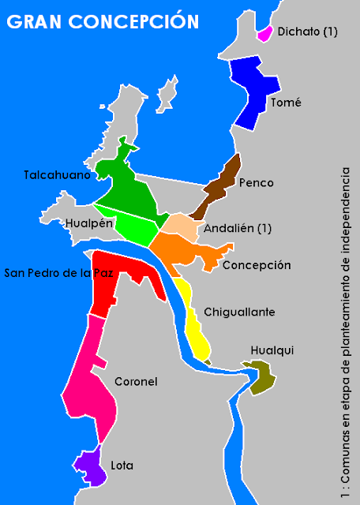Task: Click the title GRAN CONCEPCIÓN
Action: click(x=103, y=21)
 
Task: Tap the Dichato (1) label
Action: click(x=308, y=32)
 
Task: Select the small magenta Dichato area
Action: click(x=264, y=34)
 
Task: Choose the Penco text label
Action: click(x=255, y=183)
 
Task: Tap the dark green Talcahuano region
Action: click(x=126, y=181)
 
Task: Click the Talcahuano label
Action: click(x=57, y=175)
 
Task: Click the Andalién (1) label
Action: click(x=238, y=229)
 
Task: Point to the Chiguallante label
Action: click(x=239, y=312)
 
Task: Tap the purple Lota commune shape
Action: click(x=90, y=466)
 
